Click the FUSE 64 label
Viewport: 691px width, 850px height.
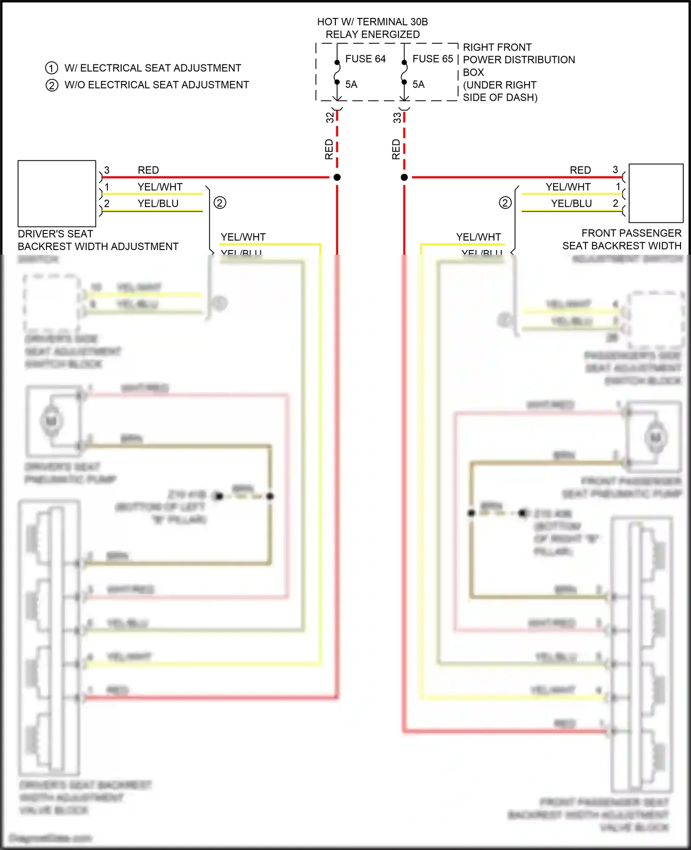pyautogui.click(x=365, y=59)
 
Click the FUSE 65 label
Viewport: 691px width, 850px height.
pyautogui.click(x=433, y=59)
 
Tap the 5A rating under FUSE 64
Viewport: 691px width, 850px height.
pyautogui.click(x=351, y=84)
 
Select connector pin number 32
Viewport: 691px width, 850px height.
pyautogui.click(x=330, y=118)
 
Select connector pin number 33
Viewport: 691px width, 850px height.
pyautogui.click(x=397, y=118)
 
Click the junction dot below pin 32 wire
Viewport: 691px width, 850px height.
pyautogui.click(x=337, y=177)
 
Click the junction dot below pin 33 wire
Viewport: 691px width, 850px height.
pyautogui.click(x=404, y=177)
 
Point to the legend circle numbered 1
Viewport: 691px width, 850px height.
pyautogui.click(x=52, y=68)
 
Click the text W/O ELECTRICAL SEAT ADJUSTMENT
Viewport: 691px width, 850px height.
pyautogui.click(x=157, y=85)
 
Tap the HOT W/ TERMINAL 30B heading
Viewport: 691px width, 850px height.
pyautogui.click(x=372, y=22)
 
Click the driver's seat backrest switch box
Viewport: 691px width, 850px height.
pyautogui.click(x=57, y=193)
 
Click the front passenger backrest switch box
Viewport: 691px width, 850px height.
pyautogui.click(x=656, y=193)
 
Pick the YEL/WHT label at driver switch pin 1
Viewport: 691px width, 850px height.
pyautogui.click(x=160, y=187)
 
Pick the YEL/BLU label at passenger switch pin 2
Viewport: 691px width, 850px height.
pyautogui.click(x=571, y=204)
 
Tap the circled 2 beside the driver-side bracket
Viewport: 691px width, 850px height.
pyautogui.click(x=220, y=203)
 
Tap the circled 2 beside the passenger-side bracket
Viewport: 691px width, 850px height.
pyautogui.click(x=505, y=203)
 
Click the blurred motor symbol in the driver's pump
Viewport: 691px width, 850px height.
pyautogui.click(x=51, y=420)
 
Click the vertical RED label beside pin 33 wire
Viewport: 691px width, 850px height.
pyautogui.click(x=396, y=150)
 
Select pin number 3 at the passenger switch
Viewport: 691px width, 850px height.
pyautogui.click(x=615, y=170)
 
